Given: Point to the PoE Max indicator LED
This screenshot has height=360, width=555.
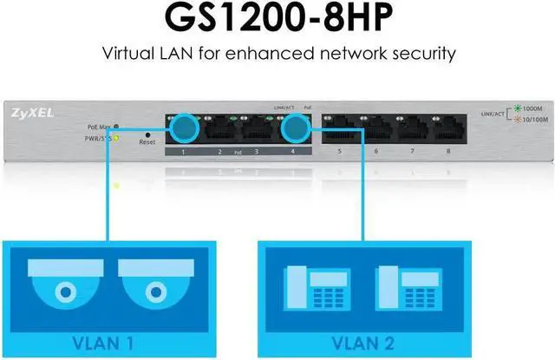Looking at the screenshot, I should [116, 127].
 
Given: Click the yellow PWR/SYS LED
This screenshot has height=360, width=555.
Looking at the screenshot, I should [116, 137].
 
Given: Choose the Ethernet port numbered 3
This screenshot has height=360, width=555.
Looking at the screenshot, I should [257, 131].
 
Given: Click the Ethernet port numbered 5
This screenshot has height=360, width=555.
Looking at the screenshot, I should [340, 131].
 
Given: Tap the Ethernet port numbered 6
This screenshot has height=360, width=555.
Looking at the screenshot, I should [376, 131].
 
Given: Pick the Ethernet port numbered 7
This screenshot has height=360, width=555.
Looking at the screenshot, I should [413, 131].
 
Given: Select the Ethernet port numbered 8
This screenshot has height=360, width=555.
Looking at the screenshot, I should [448, 131].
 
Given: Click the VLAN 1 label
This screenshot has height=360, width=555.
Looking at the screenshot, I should [109, 340].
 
